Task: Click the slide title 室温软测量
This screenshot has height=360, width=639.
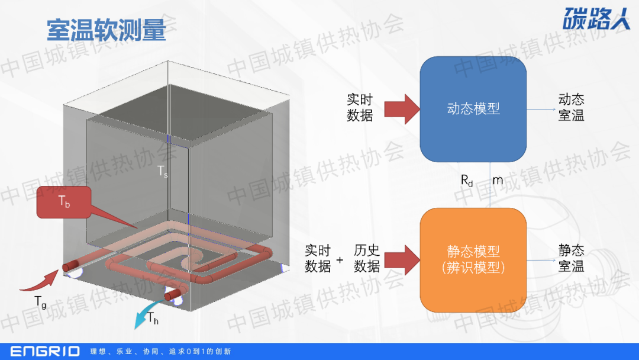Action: [106, 29]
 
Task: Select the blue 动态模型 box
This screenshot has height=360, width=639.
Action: [473, 109]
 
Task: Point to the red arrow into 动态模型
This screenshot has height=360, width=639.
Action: [401, 109]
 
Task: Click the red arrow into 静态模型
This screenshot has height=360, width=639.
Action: [401, 259]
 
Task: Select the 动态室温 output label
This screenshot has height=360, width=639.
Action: [571, 107]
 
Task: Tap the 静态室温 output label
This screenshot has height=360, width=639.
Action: [571, 258]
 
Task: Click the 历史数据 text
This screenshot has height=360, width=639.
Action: [367, 258]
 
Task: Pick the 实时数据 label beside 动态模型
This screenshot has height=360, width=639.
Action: [360, 107]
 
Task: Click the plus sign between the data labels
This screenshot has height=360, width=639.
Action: [340, 259]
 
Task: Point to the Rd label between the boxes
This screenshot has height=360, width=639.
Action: [467, 180]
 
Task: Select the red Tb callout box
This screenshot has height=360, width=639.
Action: [64, 202]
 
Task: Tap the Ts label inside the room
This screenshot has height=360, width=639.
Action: [162, 171]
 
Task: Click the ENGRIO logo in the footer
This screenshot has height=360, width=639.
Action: [45, 351]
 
